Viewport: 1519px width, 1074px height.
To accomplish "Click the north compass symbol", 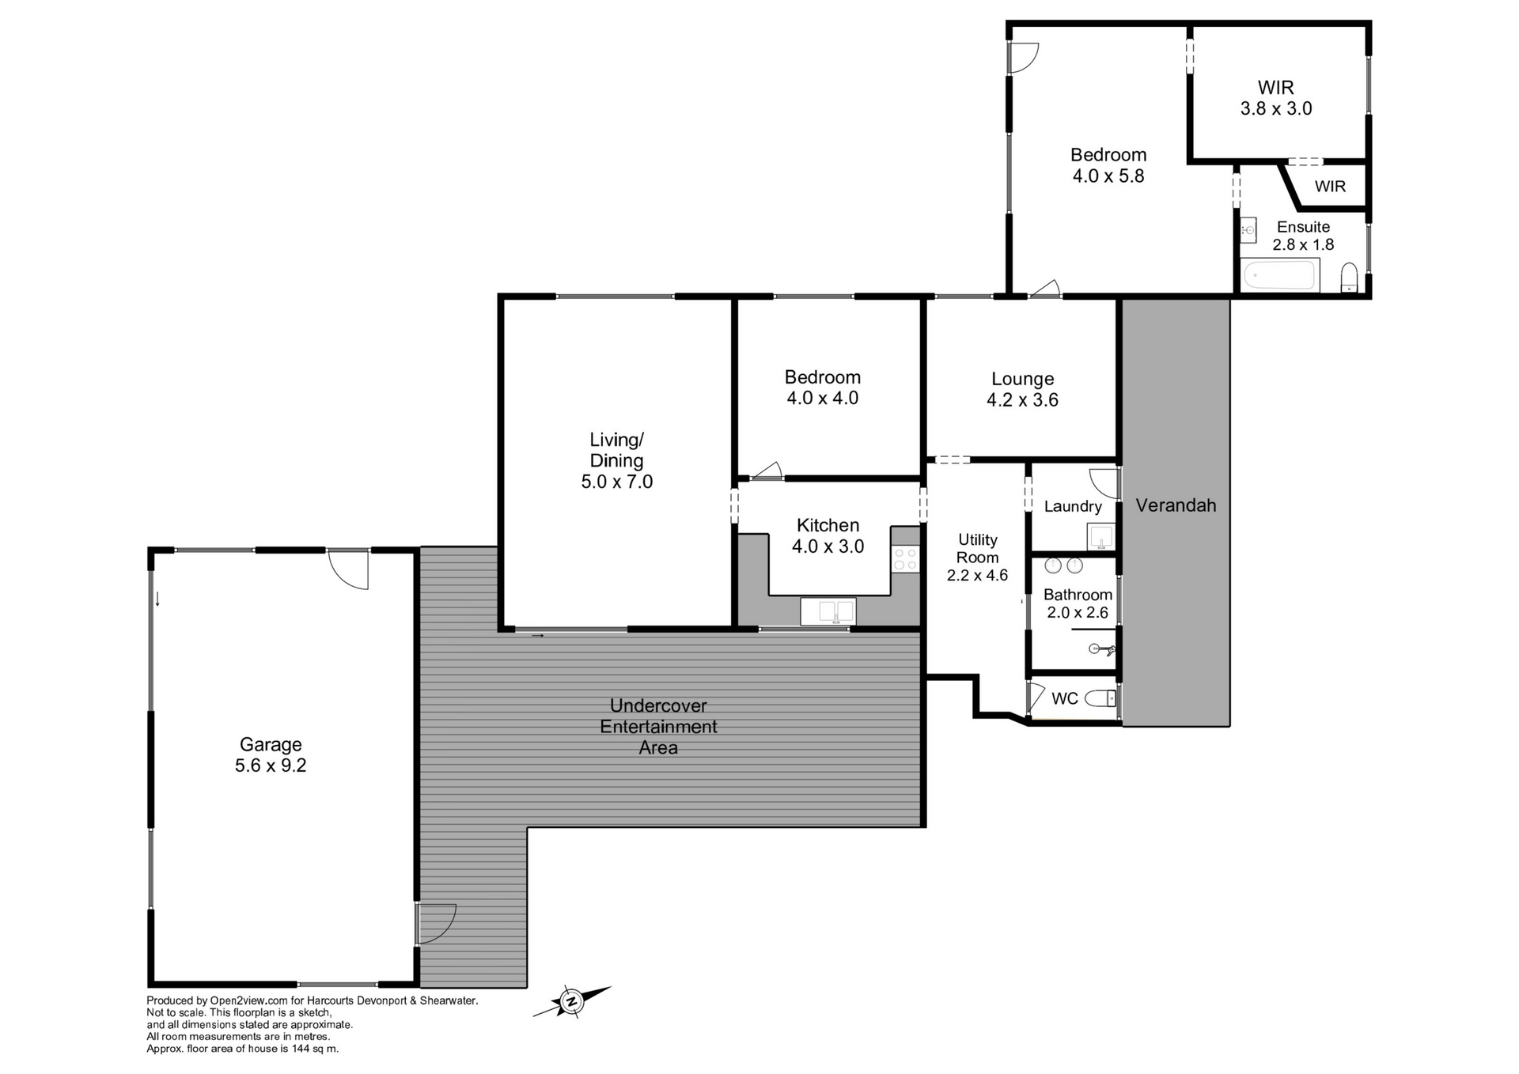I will click(571, 1002).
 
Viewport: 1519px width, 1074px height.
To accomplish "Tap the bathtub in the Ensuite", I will click(1278, 276).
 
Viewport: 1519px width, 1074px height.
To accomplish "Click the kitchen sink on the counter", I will click(828, 611).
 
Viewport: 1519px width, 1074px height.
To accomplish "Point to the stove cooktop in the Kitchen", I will click(905, 559).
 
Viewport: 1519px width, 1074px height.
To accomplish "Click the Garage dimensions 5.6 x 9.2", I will click(271, 766).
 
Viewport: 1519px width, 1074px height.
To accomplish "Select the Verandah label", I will click(1176, 505).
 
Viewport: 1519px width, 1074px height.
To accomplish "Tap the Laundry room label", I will click(1073, 506).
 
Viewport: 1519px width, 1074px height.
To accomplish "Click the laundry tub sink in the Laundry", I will click(1100, 537).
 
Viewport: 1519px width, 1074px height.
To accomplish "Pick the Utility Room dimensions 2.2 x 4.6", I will click(977, 575).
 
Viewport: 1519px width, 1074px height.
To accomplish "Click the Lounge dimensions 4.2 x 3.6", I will click(1022, 400).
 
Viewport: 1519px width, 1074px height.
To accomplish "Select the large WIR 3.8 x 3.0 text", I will click(1275, 98).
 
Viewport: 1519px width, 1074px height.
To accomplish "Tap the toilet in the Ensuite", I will click(1350, 278).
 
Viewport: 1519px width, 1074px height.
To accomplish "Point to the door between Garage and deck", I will click(435, 923).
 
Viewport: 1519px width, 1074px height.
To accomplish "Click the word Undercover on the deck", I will click(658, 705).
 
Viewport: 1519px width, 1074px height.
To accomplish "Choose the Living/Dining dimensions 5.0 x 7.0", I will click(616, 482).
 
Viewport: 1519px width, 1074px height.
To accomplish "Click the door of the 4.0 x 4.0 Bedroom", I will click(767, 472).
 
